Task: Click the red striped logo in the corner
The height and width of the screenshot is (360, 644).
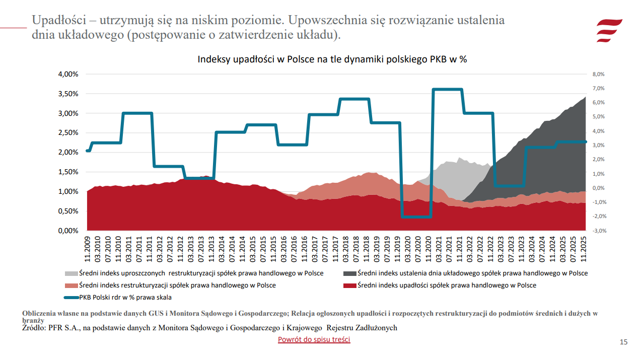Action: [x=609, y=30]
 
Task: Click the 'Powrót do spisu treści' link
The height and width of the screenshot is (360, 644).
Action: [x=314, y=339]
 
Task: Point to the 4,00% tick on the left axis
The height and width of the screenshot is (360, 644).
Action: [x=68, y=74]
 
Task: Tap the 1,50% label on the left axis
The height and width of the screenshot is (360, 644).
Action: [x=68, y=172]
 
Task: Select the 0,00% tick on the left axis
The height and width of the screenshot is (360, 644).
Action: [x=68, y=231]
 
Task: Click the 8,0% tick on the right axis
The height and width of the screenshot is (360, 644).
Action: [x=598, y=74]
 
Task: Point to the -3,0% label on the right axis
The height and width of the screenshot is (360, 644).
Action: [x=598, y=231]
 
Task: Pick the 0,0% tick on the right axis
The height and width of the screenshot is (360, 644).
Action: [x=598, y=188]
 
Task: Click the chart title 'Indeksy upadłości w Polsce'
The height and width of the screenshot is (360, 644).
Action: [x=332, y=59]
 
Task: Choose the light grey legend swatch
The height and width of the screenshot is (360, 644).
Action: [x=71, y=273]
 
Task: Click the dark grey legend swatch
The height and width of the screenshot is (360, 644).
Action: [x=349, y=273]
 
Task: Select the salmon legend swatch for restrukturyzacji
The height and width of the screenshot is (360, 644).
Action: [x=71, y=285]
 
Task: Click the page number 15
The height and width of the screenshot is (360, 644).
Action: [x=623, y=342]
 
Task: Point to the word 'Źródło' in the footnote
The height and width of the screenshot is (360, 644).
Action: [x=33, y=328]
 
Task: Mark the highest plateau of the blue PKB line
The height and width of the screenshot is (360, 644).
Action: [x=447, y=90]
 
